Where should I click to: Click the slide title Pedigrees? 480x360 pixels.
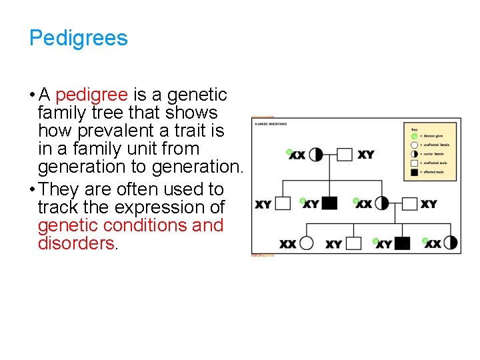[78, 38]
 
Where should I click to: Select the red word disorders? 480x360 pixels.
[77, 243]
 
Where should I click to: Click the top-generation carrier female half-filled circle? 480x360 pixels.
[316, 155]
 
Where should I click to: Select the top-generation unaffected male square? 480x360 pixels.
[344, 155]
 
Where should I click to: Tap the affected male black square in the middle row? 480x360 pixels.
[329, 203]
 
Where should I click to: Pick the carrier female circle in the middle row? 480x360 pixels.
[382, 203]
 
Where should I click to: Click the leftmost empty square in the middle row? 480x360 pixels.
[283, 203]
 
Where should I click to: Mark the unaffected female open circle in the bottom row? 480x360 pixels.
[307, 243]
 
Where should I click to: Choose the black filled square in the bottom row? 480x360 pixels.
[402, 243]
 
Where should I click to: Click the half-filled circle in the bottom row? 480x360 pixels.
[451, 243]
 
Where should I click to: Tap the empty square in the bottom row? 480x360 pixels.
[353, 243]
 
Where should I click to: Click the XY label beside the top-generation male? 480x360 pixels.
[366, 155]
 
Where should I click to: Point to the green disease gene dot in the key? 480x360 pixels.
[414, 135]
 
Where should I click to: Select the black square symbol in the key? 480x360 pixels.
[414, 172]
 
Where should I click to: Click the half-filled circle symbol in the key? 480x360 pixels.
[414, 153]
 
